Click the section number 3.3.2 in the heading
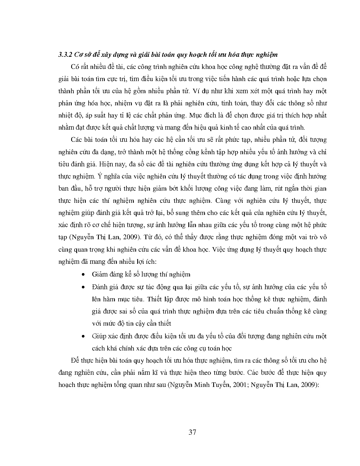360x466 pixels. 65,55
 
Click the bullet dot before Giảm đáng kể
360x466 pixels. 83,275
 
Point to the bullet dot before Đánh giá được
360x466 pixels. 83,287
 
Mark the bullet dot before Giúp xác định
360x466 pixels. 83,336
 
